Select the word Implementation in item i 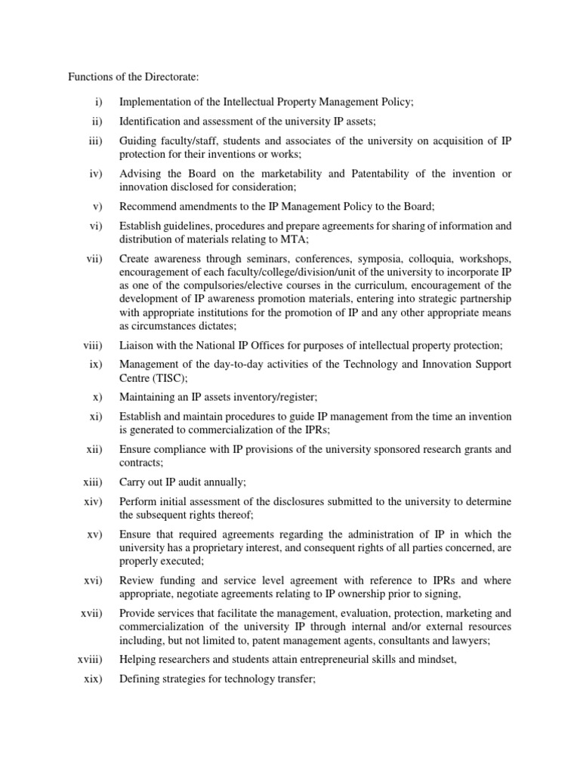(153, 101)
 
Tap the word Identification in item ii (150, 121)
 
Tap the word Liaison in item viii (137, 345)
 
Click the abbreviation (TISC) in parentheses (169, 377)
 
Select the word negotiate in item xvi (205, 594)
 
